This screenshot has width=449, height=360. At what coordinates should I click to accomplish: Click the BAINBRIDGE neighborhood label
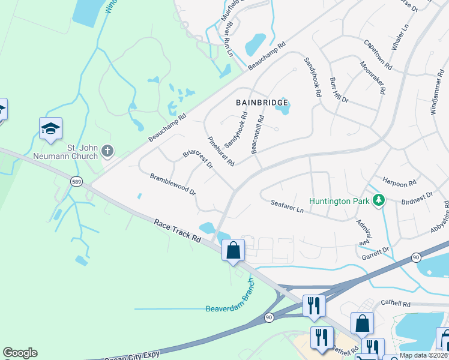click(262, 103)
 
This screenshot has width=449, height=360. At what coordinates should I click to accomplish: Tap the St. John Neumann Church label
click(82, 152)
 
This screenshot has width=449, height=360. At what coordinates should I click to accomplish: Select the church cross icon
click(107, 151)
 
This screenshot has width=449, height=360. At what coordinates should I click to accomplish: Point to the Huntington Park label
click(339, 201)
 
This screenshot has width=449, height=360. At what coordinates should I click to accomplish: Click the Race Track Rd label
click(177, 230)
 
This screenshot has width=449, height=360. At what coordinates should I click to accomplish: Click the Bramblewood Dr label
click(173, 185)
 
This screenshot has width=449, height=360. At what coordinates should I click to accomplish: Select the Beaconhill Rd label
click(259, 134)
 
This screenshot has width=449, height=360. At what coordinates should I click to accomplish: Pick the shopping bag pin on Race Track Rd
click(234, 250)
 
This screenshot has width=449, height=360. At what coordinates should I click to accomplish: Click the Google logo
click(20, 353)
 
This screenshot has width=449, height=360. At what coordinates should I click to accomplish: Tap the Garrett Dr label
click(376, 249)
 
